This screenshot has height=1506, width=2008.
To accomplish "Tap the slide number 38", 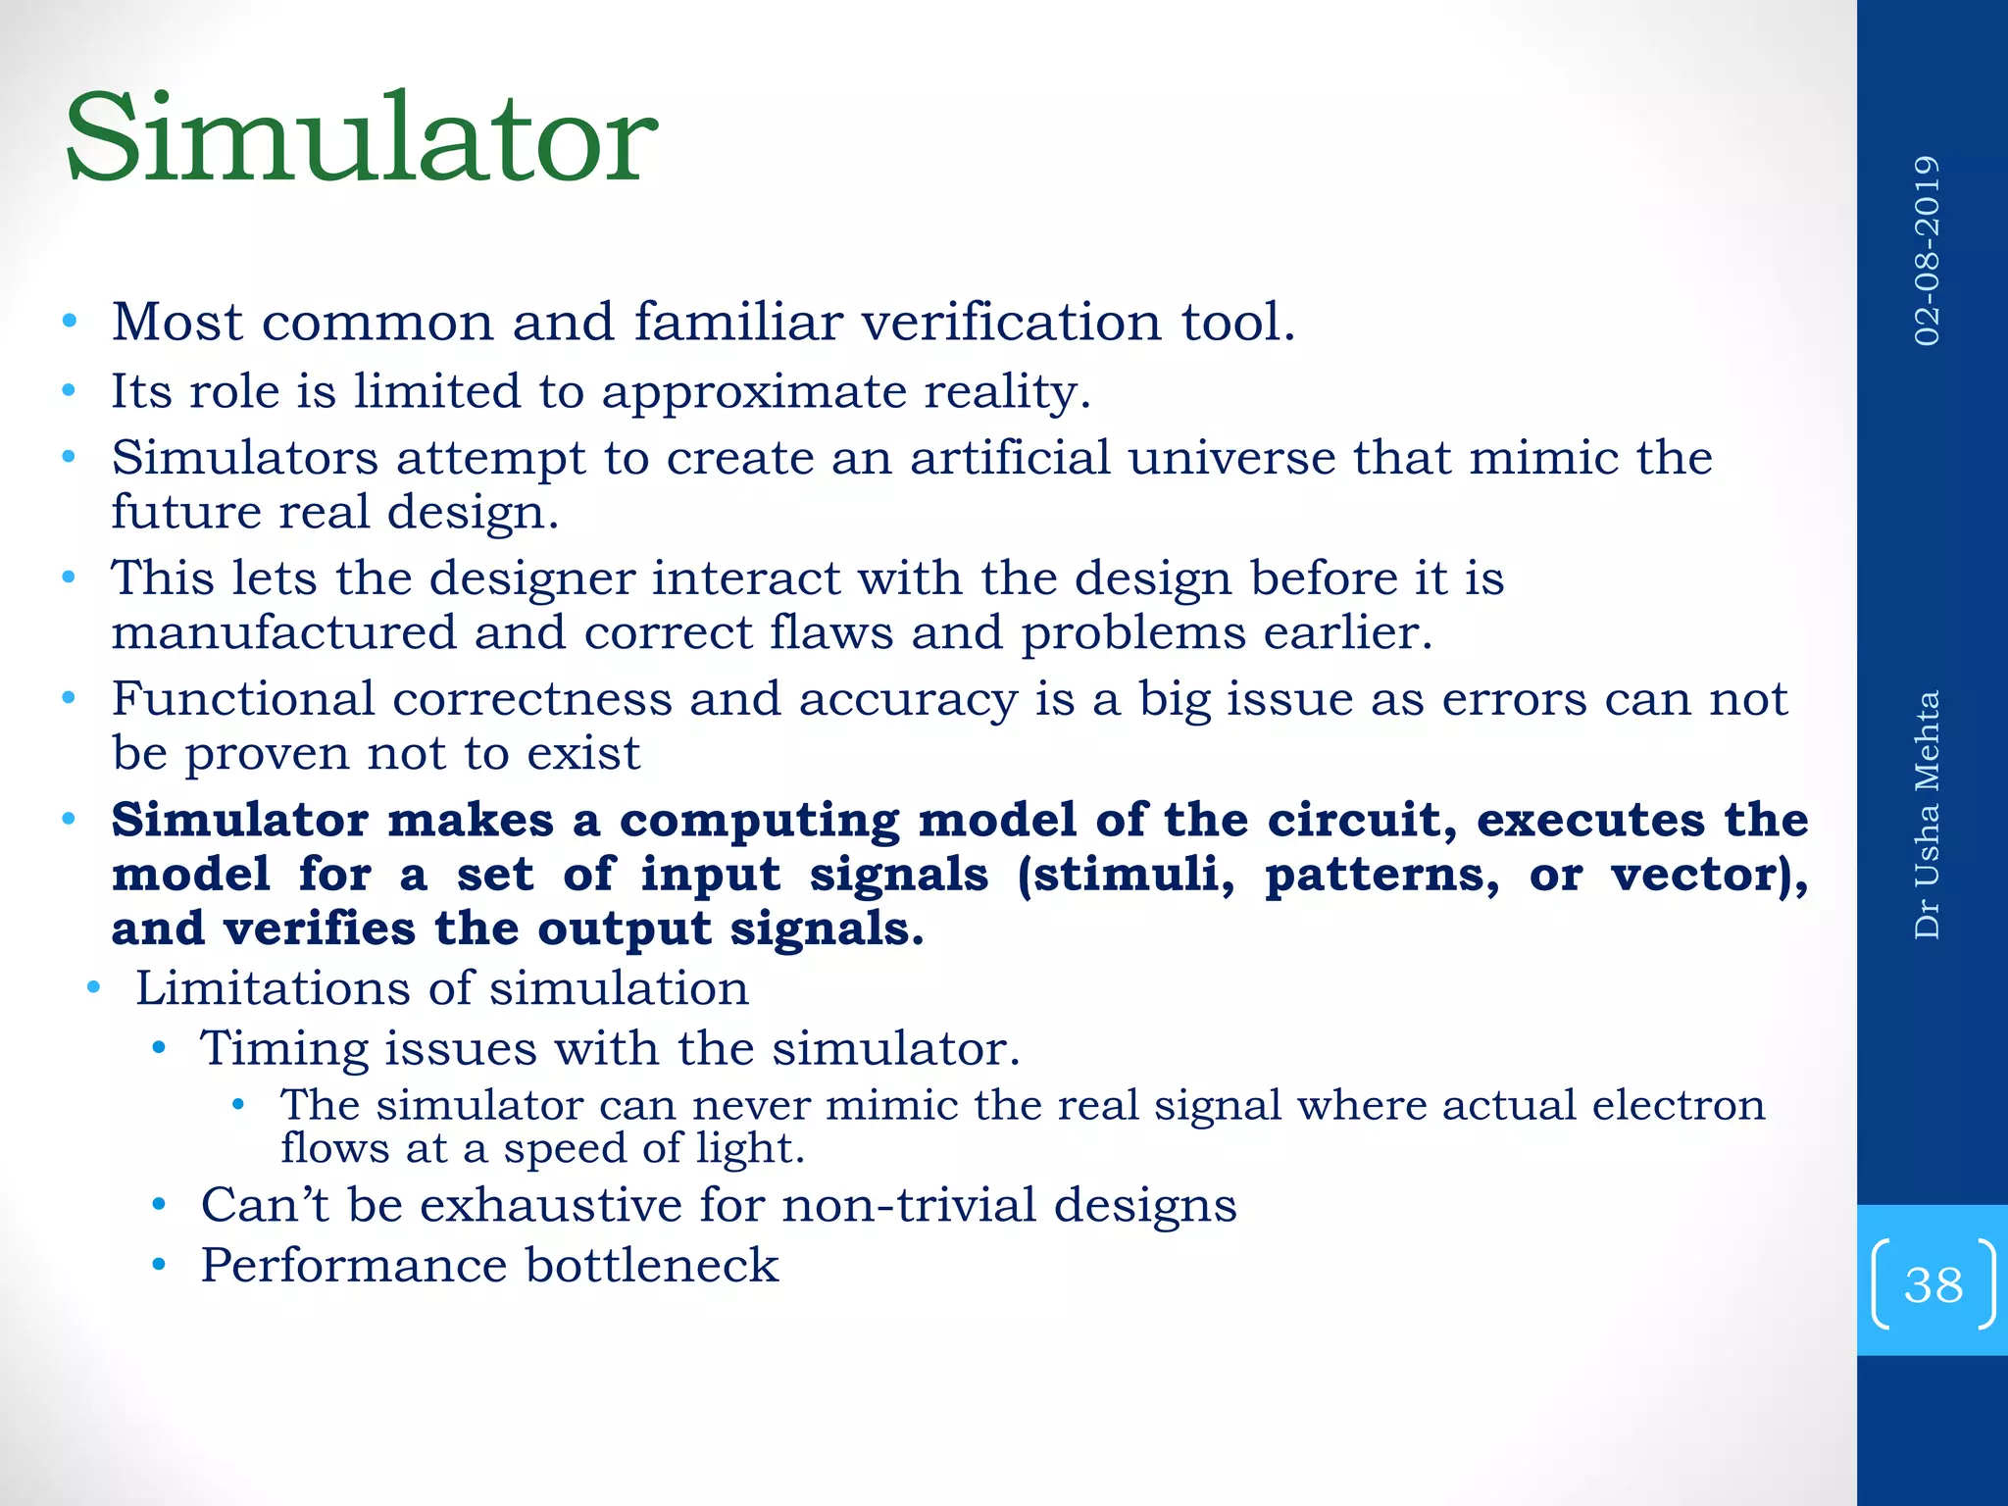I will click(x=1933, y=1284).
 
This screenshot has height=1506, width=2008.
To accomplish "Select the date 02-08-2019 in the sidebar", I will click(x=1928, y=251).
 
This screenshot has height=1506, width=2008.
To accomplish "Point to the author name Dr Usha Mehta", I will click(x=1928, y=815).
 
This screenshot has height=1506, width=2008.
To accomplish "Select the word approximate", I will click(x=754, y=392).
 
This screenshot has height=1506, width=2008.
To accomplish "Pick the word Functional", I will click(x=243, y=699).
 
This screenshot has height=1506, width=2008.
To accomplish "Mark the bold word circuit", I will click(x=1358, y=820).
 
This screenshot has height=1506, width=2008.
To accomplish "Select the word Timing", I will click(x=284, y=1049).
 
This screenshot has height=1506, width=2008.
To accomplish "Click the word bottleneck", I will click(x=652, y=1265).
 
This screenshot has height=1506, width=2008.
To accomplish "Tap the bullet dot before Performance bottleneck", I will click(x=159, y=1265).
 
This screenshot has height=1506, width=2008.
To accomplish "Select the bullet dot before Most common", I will click(x=69, y=322).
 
